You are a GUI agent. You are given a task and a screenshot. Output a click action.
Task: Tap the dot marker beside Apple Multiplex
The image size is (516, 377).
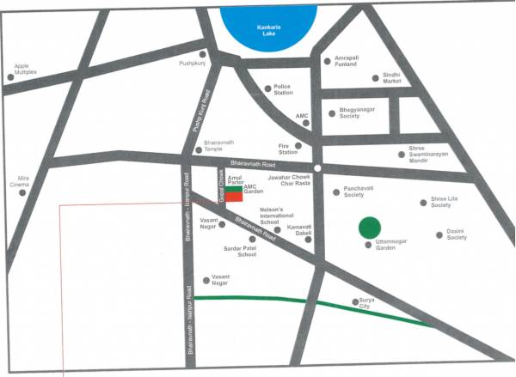pos(11,76)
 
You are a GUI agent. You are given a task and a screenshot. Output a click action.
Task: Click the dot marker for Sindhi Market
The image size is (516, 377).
pos(375,78)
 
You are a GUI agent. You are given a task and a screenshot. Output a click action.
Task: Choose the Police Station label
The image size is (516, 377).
pos(287,90)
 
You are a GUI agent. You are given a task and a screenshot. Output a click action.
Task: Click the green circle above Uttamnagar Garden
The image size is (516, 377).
pos(369,228)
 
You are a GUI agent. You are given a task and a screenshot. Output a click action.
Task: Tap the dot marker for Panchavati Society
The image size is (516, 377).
pos(336,192)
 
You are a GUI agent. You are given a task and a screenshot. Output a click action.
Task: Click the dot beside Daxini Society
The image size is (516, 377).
pos(438,233)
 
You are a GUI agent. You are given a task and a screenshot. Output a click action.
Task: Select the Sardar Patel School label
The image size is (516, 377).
pos(241,252)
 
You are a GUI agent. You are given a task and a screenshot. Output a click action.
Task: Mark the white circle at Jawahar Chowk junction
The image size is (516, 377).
pos(317,167)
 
